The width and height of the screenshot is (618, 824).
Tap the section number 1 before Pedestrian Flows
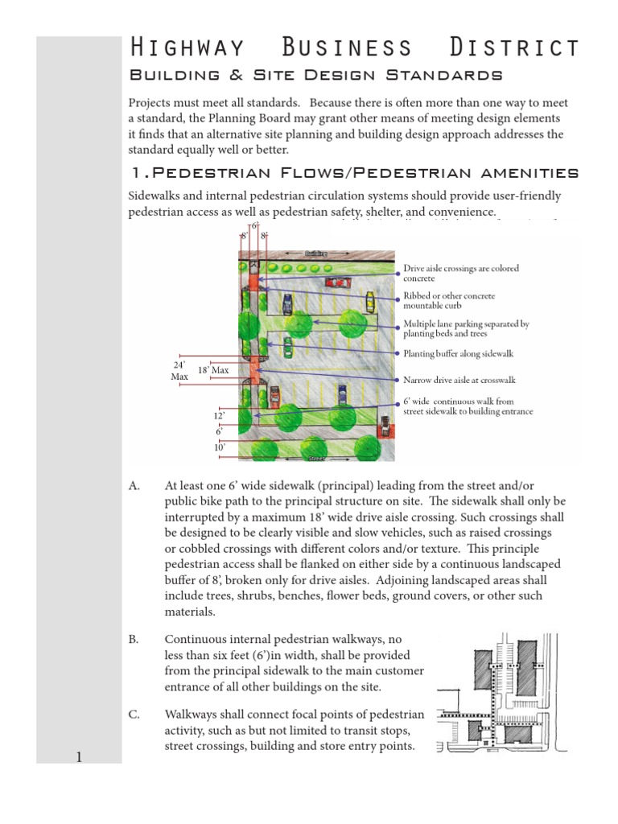tap(135, 172)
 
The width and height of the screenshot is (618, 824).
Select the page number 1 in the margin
tap(79, 756)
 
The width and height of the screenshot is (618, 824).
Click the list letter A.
tap(134, 487)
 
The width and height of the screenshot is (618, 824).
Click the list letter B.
tap(134, 639)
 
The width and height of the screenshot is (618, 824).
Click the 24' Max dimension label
tap(179, 371)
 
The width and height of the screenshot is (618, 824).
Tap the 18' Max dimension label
tap(213, 369)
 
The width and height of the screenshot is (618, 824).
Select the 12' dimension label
tap(219, 415)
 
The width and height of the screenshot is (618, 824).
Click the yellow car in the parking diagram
tap(369, 302)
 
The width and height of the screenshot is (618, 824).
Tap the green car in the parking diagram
tap(287, 347)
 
